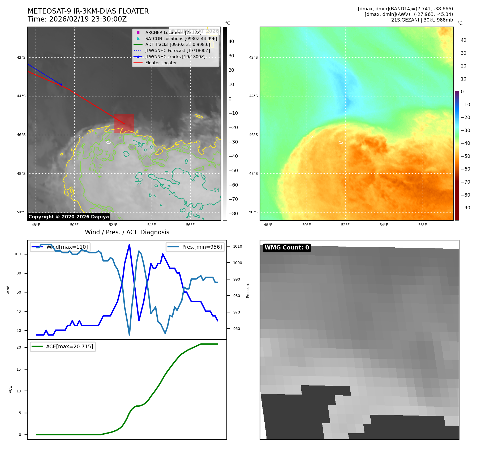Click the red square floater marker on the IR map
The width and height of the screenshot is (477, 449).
124,124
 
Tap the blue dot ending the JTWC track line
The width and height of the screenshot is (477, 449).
61,84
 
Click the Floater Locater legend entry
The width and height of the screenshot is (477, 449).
161,63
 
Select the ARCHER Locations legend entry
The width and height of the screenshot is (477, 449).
173,32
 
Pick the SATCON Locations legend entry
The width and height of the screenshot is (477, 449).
181,39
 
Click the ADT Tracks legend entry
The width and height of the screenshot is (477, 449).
178,45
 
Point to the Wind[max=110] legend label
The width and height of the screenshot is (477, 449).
67,247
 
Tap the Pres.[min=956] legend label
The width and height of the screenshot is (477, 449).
202,247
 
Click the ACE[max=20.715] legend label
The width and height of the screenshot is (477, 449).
70,347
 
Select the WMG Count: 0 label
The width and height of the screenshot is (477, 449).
287,248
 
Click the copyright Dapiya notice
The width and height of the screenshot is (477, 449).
68,217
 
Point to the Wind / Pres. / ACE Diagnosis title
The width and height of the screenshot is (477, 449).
127,232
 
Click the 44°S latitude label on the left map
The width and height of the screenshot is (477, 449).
21,96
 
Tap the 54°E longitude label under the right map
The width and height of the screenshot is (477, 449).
384,225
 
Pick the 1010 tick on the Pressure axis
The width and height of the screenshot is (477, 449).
237,247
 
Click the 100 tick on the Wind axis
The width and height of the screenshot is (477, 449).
18,254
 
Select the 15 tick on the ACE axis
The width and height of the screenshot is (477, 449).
19,369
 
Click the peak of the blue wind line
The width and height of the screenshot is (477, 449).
129,244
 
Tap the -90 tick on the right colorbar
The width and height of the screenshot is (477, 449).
465,208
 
